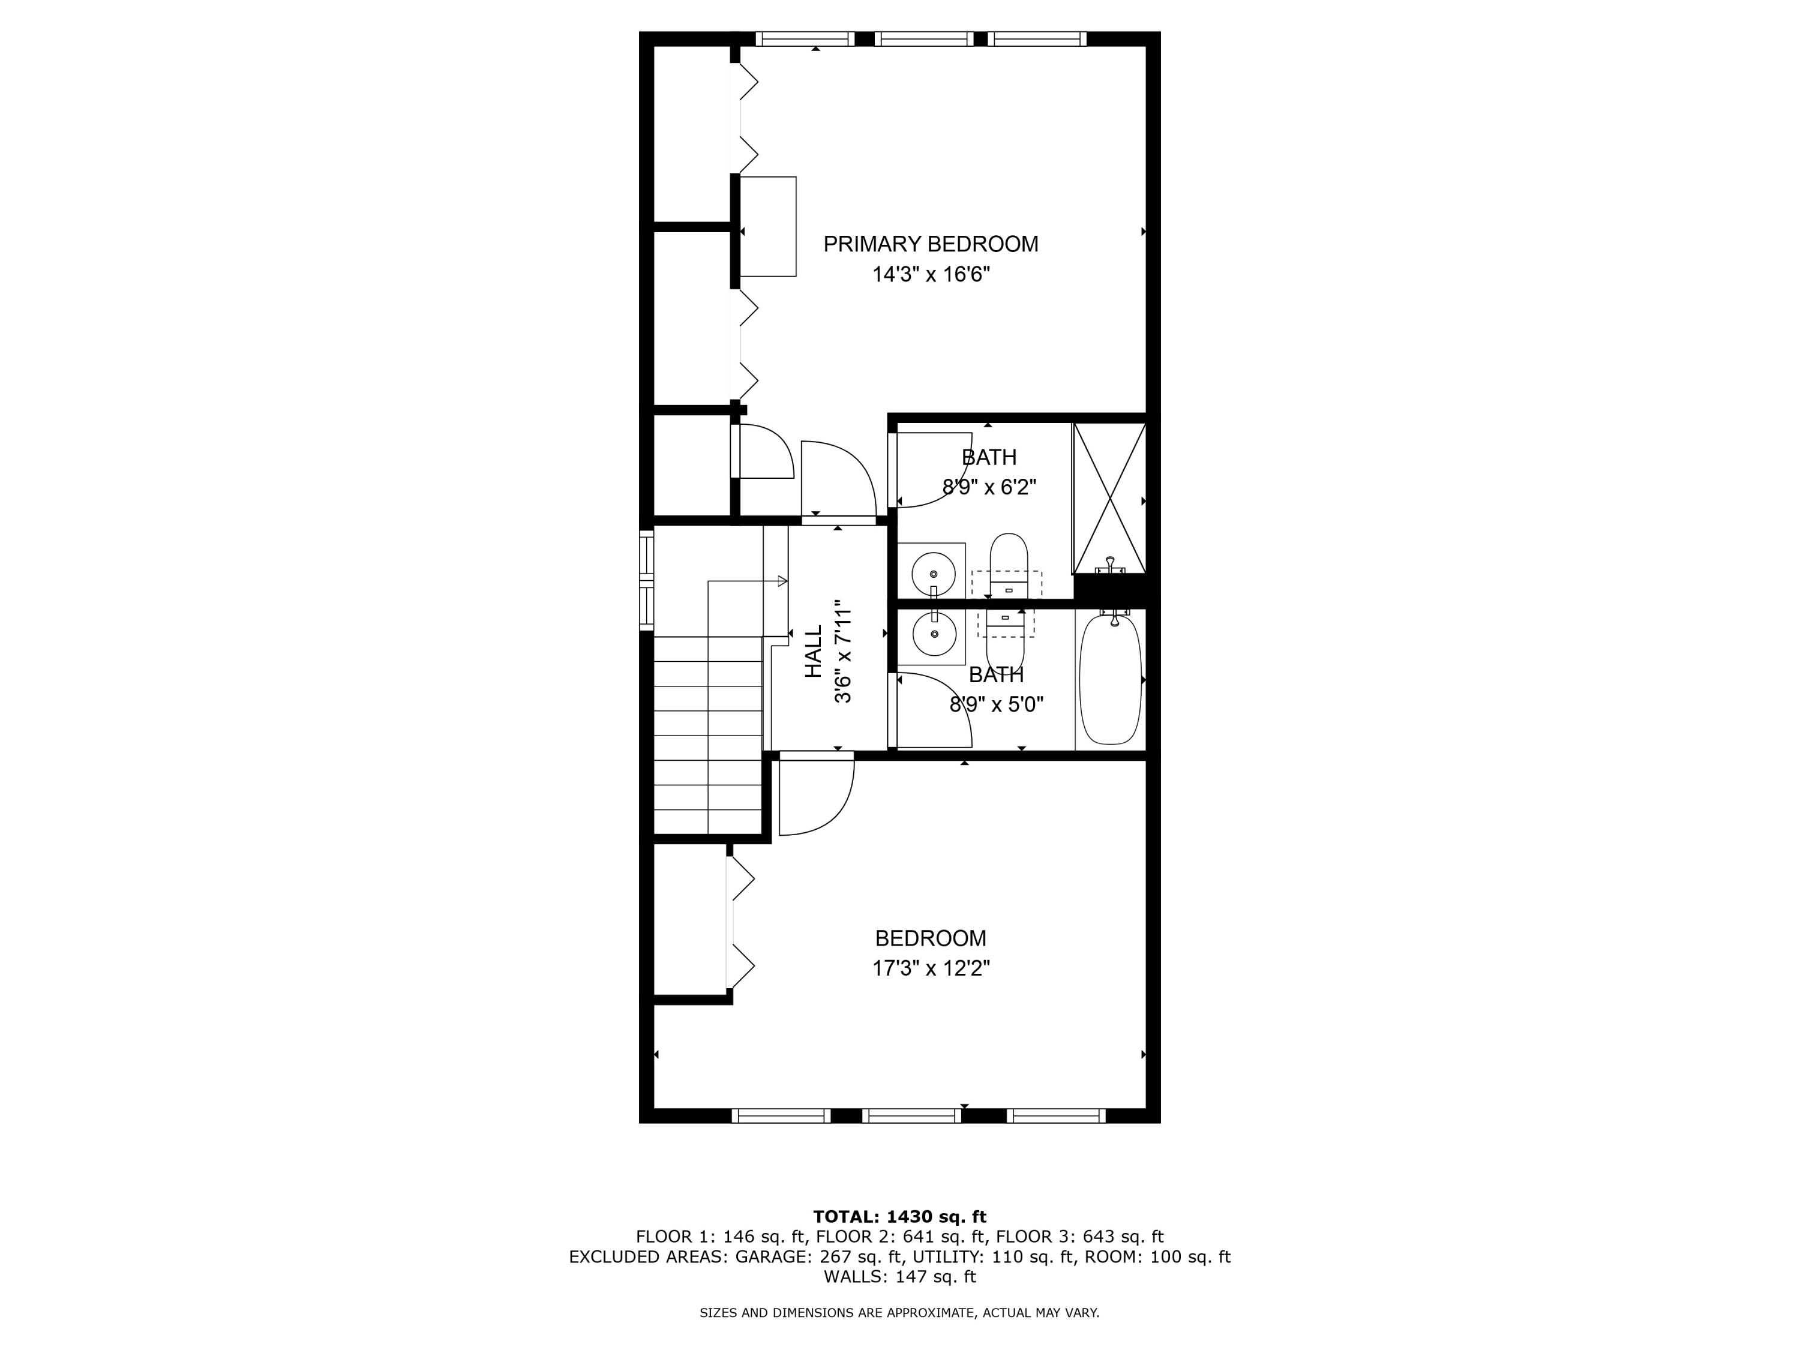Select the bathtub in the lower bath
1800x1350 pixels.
coord(1110,679)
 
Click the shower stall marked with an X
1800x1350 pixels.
coord(1109,498)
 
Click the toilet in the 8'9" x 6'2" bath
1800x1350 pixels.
coord(1008,562)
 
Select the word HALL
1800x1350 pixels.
coord(813,652)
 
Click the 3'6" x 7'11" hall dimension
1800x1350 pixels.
coord(843,652)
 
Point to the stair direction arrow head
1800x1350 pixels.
coord(783,581)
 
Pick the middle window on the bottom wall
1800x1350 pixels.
coord(911,1115)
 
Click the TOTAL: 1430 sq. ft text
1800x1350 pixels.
coord(899,1217)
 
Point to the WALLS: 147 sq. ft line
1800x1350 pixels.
coord(899,1277)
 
